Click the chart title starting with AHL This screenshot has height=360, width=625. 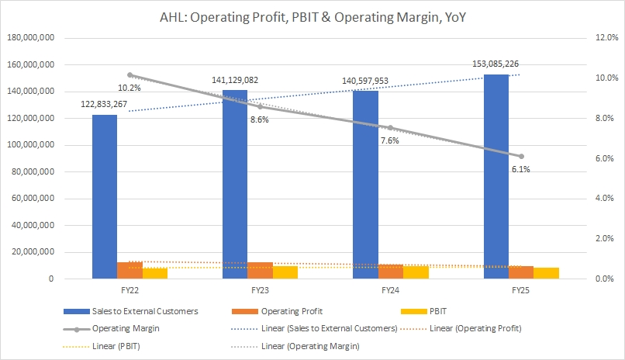[312, 15]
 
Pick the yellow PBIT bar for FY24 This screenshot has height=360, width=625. [416, 272]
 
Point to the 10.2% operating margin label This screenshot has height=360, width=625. [109, 88]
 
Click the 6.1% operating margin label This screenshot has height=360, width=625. [520, 169]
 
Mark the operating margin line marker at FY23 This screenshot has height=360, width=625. [261, 106]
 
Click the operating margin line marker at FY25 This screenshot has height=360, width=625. [521, 156]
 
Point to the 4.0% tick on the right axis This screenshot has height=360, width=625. [585, 199]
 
